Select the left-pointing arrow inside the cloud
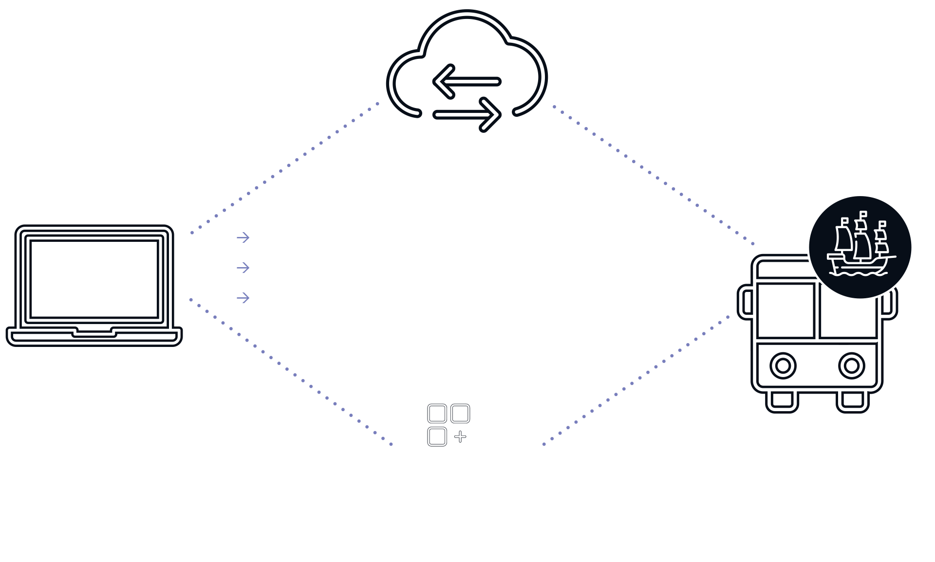[467, 82]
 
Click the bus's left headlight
[783, 366]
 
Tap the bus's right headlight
[851, 366]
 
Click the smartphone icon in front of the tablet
[505, 448]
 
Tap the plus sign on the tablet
[460, 436]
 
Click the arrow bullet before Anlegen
[243, 237]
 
